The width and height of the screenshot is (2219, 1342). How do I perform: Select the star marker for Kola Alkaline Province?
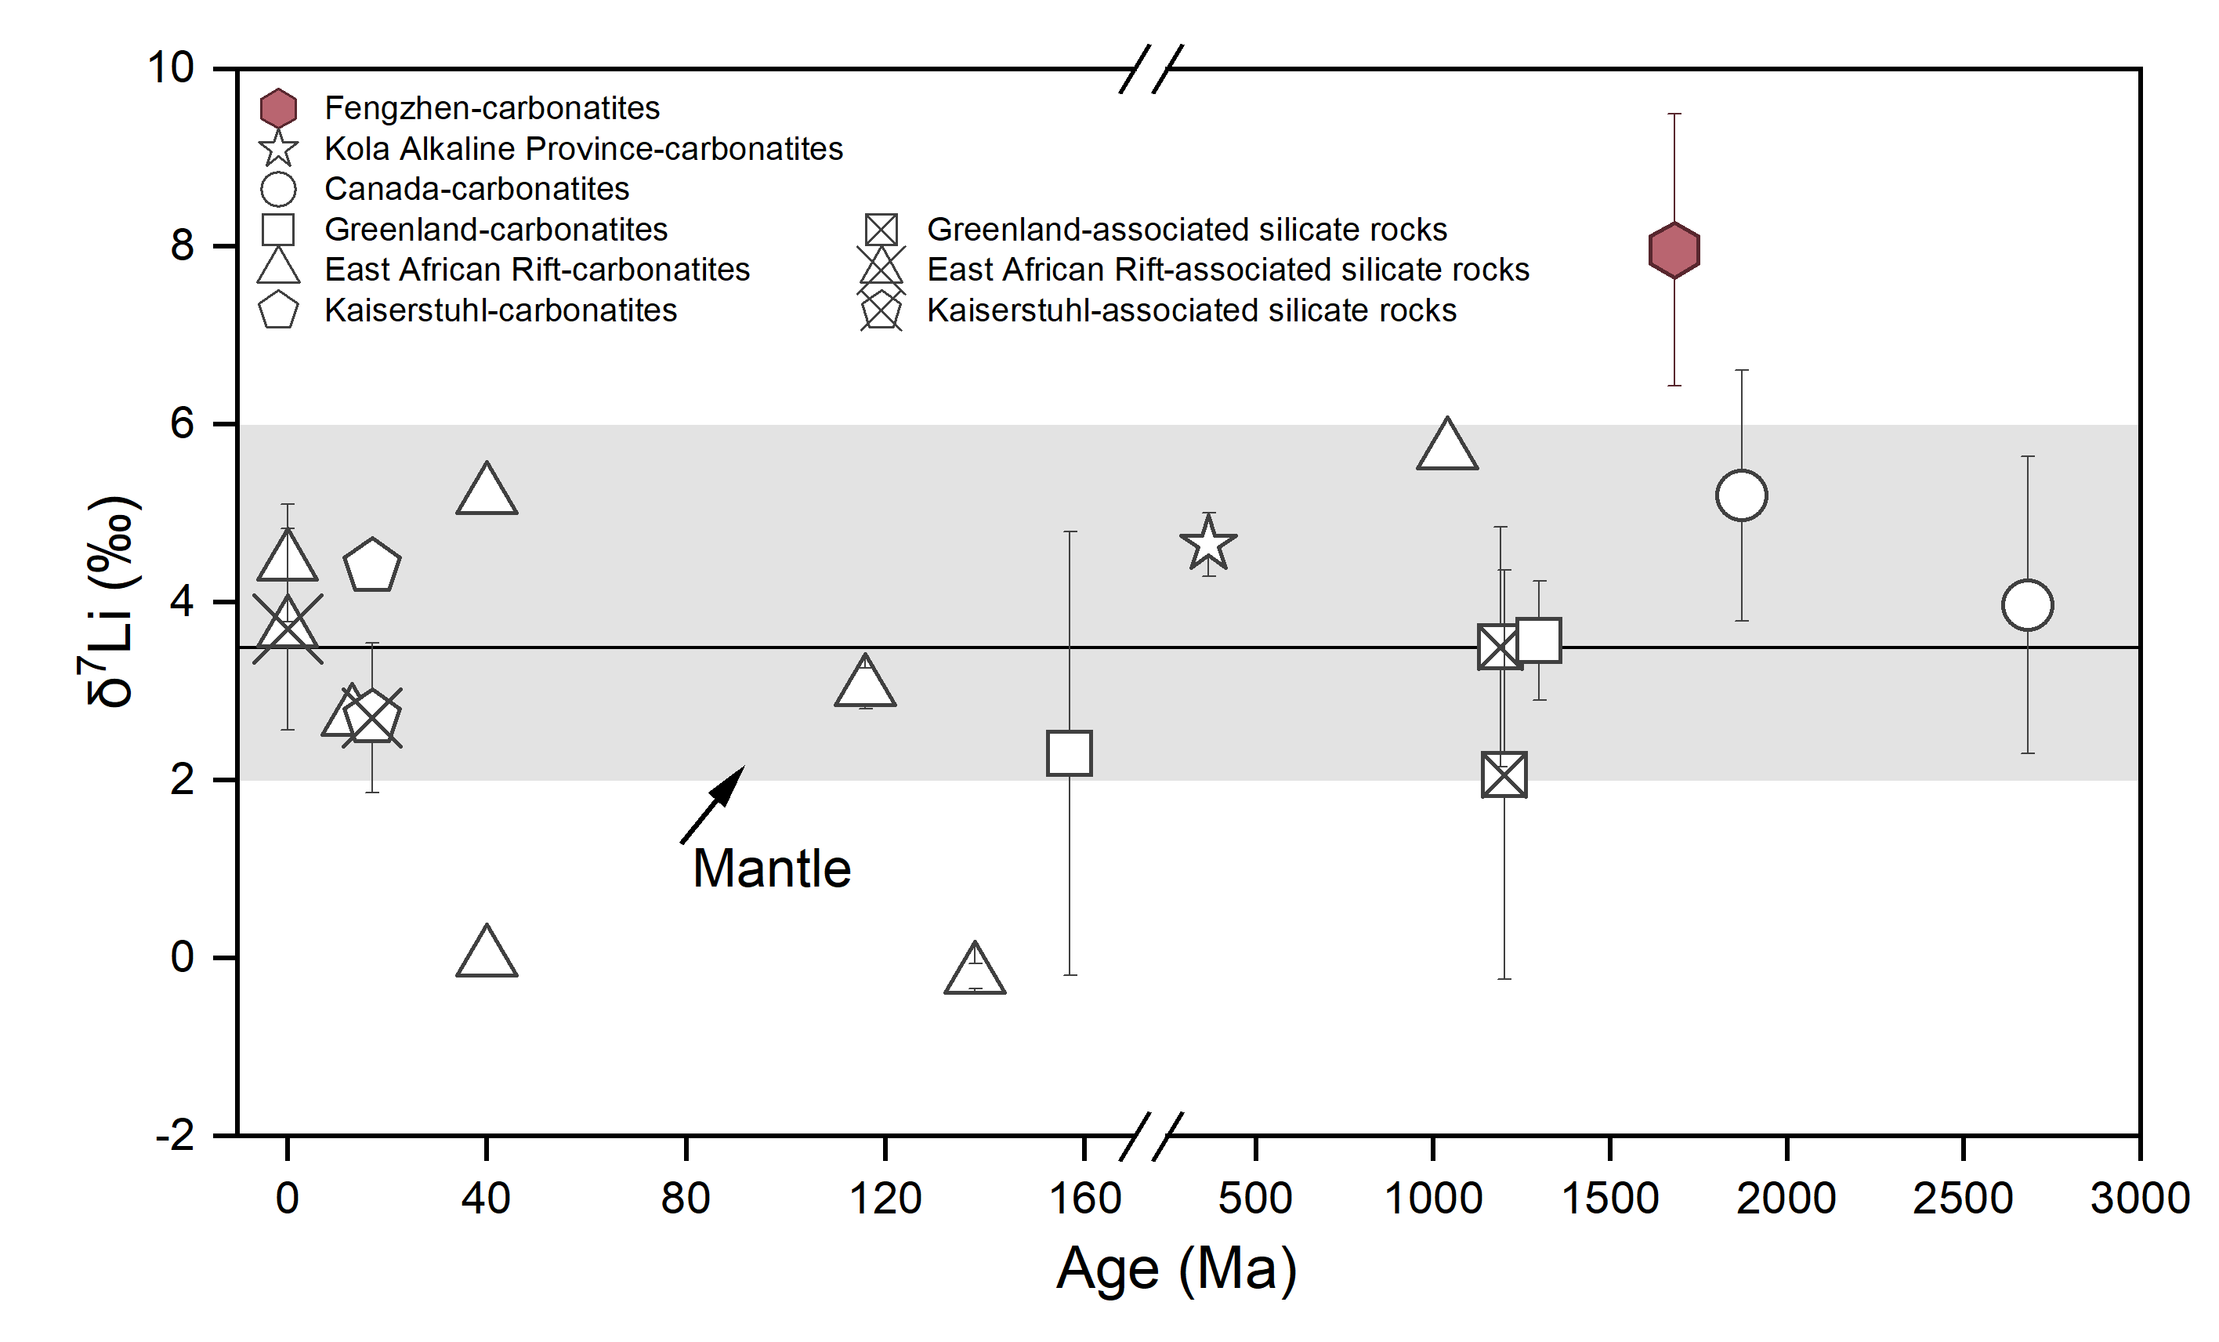click(x=1207, y=544)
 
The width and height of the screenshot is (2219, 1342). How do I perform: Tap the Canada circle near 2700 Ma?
click(x=2027, y=605)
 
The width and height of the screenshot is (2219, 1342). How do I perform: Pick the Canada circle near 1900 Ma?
click(x=1742, y=495)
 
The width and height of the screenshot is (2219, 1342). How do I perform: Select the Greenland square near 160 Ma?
click(x=1069, y=753)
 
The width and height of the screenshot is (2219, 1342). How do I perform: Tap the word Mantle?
click(x=772, y=869)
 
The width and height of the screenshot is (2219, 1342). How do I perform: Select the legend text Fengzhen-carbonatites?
click(x=492, y=108)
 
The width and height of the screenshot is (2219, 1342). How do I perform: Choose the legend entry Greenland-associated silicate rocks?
click(x=1187, y=230)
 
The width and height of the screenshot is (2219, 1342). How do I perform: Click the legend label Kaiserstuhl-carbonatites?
click(x=501, y=310)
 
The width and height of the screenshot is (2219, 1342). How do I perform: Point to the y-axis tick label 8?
click(x=182, y=246)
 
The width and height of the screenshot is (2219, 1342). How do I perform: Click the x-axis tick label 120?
click(x=885, y=1199)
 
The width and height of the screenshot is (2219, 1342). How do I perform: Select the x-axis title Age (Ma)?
click(x=1176, y=1269)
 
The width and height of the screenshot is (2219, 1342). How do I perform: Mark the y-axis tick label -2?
click(x=176, y=1135)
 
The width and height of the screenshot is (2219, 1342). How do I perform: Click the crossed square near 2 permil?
click(x=1504, y=775)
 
